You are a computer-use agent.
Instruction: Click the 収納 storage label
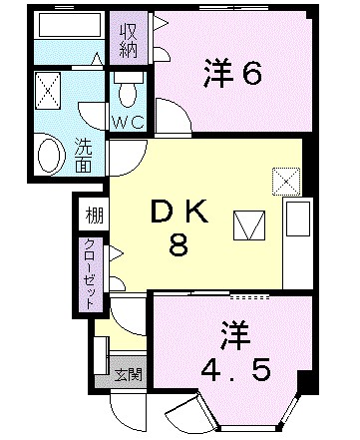tap(130, 38)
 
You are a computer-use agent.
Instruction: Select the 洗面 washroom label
tap(84, 156)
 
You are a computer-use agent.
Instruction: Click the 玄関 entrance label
tap(126, 376)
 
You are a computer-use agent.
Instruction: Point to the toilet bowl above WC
tap(127, 93)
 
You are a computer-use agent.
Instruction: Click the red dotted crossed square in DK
tap(285, 181)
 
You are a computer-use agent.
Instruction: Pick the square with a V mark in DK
tap(245, 225)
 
